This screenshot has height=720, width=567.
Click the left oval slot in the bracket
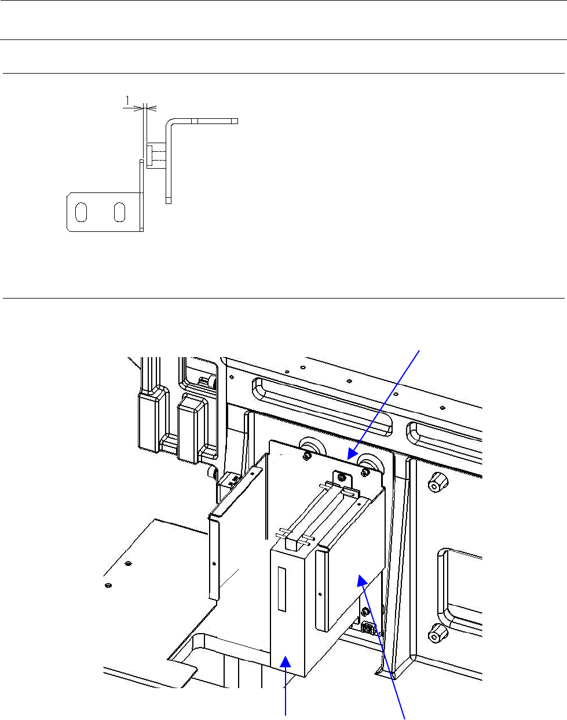coord(82,213)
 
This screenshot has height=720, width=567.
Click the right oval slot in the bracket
coord(119,213)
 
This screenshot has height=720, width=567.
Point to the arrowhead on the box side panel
coord(361,579)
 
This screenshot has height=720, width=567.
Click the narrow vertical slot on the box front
coord(281,589)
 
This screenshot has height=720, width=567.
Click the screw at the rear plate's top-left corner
coord(306,456)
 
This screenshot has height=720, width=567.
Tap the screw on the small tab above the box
coord(343,478)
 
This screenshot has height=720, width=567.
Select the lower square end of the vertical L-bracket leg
coord(169,200)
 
